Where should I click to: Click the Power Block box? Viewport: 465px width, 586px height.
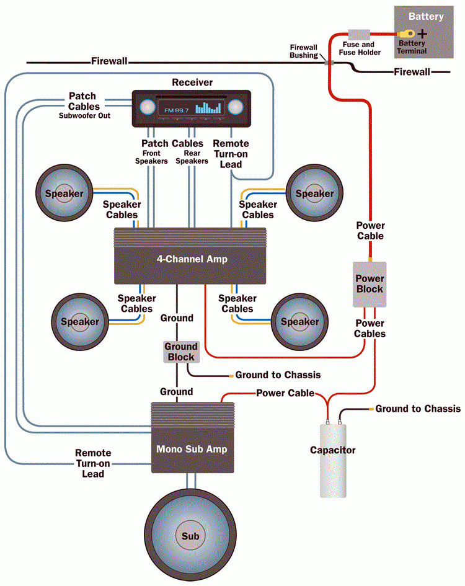[x=370, y=283]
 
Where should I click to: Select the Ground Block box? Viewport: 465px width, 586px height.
[x=180, y=352]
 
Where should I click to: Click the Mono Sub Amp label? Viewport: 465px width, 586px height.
[x=192, y=449]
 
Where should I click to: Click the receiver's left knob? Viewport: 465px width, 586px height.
[x=146, y=108]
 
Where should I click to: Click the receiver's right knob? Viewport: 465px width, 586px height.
[x=235, y=108]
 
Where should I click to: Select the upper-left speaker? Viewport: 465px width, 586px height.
[x=64, y=193]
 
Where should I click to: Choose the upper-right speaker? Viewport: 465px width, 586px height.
[x=314, y=193]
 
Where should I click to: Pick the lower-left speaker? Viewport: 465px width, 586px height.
[x=80, y=322]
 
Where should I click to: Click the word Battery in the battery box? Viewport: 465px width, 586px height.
[x=426, y=16]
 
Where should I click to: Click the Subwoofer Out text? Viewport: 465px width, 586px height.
[x=84, y=115]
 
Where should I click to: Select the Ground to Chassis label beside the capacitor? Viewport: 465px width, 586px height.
[x=417, y=409]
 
